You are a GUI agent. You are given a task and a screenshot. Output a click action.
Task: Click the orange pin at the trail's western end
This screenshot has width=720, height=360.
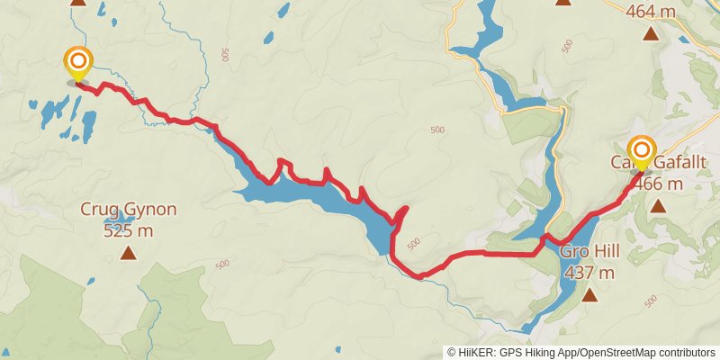[78, 61]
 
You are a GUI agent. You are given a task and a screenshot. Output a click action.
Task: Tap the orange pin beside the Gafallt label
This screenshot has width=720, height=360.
[642, 149]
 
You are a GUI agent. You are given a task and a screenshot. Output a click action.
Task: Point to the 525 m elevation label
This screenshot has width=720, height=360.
[129, 230]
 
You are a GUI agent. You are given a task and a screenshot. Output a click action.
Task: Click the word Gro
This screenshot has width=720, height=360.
[576, 251]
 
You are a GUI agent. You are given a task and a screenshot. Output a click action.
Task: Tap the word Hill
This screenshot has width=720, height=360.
[612, 251]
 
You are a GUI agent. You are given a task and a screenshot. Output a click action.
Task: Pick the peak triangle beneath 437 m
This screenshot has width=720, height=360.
[590, 294]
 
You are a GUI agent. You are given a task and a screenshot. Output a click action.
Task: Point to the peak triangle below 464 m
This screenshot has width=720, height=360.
[651, 35]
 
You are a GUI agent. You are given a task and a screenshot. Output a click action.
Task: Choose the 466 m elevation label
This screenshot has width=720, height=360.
[660, 184]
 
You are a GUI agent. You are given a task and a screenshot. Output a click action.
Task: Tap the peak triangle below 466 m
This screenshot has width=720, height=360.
[659, 206]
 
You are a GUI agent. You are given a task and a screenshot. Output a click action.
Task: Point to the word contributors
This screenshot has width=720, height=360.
[684, 352]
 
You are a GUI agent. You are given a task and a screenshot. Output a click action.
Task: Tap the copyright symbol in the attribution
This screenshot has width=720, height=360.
[453, 352]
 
